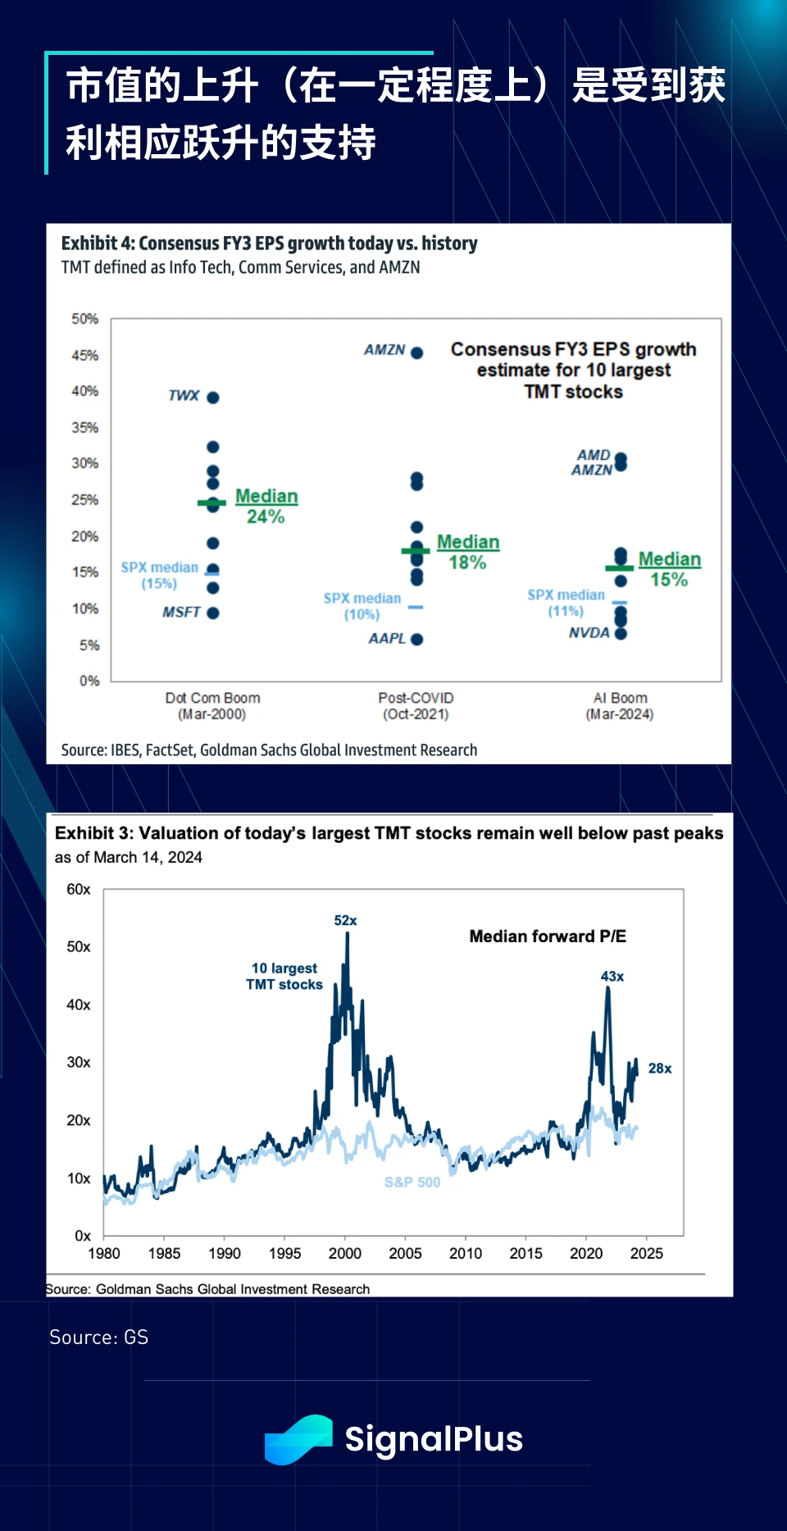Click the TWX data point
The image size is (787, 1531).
213,398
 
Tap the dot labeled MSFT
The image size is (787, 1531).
213,613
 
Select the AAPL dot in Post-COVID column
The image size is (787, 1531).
417,640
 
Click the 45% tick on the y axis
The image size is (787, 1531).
85,355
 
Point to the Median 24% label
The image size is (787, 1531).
266,506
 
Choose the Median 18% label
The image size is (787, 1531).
467,552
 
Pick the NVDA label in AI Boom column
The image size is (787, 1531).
589,633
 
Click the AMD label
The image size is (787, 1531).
594,455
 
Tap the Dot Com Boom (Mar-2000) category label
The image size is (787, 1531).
212,706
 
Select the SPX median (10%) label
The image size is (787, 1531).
362,607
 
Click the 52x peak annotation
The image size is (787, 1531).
345,921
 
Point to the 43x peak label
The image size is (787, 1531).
612,977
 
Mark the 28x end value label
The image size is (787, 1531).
660,1069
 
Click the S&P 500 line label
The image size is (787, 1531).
412,1182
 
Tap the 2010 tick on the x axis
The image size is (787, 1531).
466,1253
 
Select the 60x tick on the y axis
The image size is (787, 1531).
79,890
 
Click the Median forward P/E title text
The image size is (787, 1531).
548,936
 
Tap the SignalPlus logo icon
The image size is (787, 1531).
298,1439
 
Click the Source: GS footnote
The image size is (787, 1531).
99,1337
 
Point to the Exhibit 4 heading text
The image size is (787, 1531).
269,244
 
